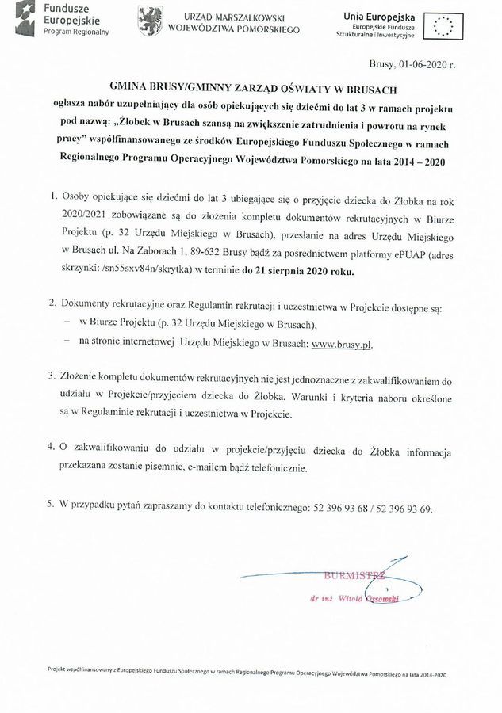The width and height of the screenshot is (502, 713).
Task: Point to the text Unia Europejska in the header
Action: coord(372,16)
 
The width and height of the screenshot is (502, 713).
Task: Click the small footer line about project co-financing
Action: coord(247,672)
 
